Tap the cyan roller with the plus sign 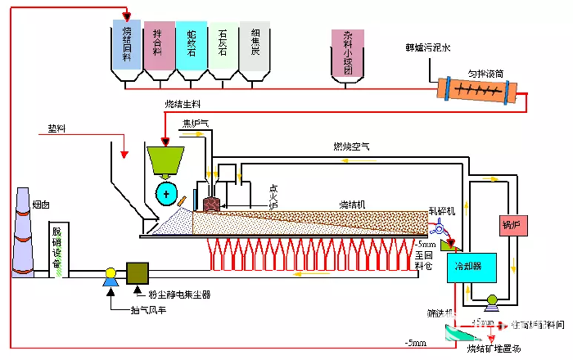click(x=169, y=195)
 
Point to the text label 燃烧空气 click(x=352, y=147)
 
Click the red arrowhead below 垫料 click(x=123, y=154)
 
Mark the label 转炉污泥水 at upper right click(x=422, y=48)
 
